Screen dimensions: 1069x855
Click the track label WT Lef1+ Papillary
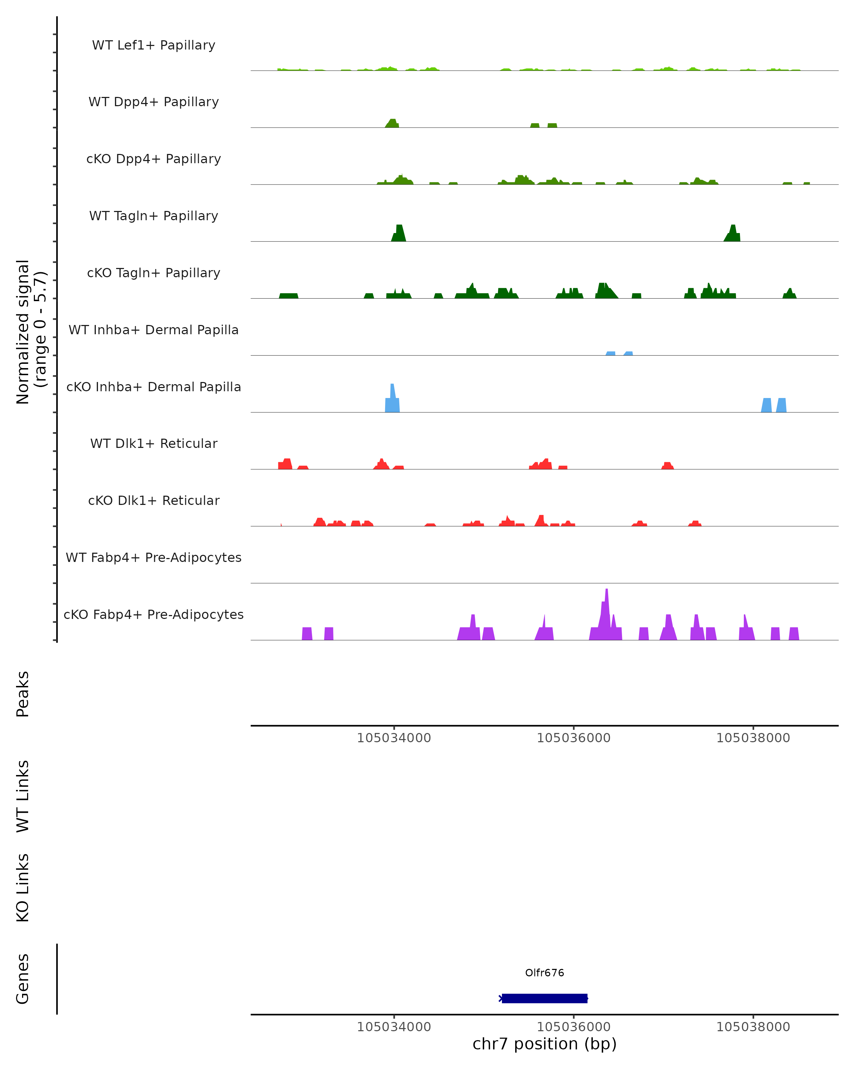coord(154,45)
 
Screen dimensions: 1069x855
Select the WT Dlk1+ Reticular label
coord(154,443)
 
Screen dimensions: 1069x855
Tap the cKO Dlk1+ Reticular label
coord(154,500)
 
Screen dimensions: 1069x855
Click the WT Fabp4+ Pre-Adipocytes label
coord(154,557)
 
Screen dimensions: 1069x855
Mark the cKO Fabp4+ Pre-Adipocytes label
coord(154,614)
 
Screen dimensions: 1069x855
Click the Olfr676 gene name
coord(544,973)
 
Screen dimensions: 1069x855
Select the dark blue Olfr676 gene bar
coord(544,998)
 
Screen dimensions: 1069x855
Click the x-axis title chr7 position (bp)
coord(544,1044)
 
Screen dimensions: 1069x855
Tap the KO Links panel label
coord(23,888)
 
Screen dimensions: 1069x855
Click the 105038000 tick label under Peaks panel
coord(753,738)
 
